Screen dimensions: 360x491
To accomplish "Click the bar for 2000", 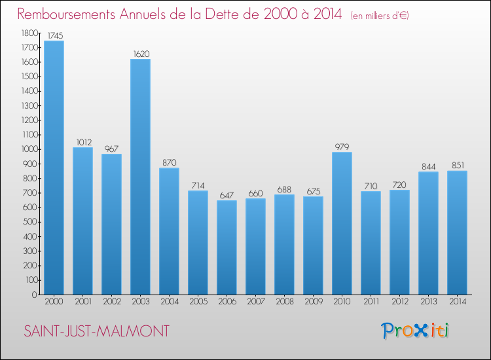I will pyautogui.click(x=54, y=168).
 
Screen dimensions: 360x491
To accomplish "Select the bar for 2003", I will pyautogui.click(x=140, y=177).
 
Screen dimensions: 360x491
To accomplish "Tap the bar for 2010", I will pyautogui.click(x=342, y=223).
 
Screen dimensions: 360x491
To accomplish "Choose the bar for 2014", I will pyautogui.click(x=457, y=232).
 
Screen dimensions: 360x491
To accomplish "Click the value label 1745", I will pyautogui.click(x=54, y=35).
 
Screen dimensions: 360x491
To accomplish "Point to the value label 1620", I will pyautogui.click(x=140, y=54).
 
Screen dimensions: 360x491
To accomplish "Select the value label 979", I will pyautogui.click(x=342, y=147).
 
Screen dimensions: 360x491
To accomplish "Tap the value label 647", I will pyautogui.click(x=227, y=195).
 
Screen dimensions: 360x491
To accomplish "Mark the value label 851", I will pyautogui.click(x=457, y=166).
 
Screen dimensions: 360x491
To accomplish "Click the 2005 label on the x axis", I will pyautogui.click(x=198, y=302).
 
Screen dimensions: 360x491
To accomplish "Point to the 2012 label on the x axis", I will pyautogui.click(x=399, y=302).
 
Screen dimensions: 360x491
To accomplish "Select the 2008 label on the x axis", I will pyautogui.click(x=284, y=302).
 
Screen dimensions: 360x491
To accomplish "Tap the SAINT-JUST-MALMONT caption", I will pyautogui.click(x=96, y=332).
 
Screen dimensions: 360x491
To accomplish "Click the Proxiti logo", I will pyautogui.click(x=415, y=331).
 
